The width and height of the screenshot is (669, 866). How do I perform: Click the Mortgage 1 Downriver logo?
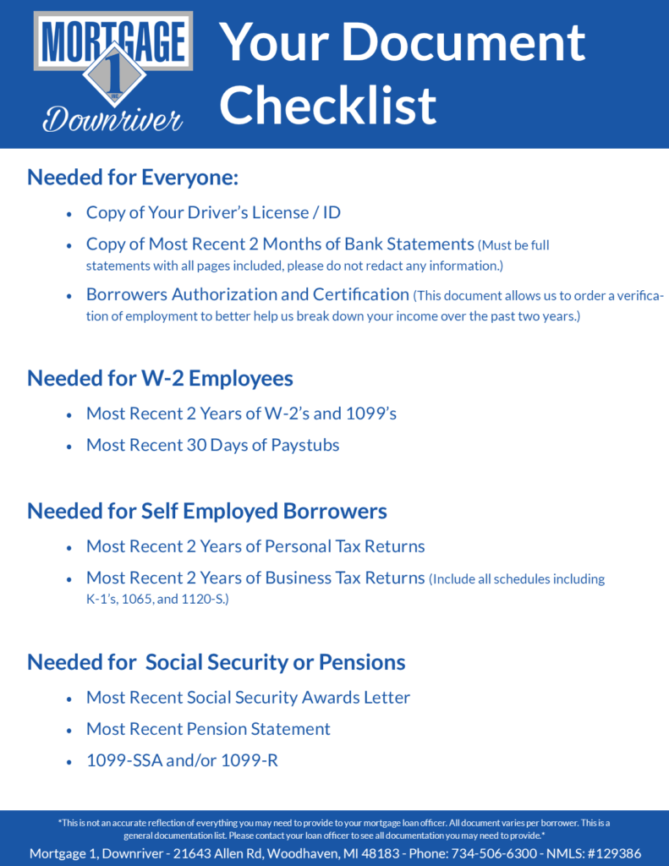pyautogui.click(x=112, y=74)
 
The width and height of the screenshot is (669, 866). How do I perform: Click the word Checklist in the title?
pyautogui.click(x=328, y=105)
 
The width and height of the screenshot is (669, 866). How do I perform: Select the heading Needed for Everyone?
pyautogui.click(x=133, y=178)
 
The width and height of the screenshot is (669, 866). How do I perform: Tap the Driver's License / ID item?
pyautogui.click(x=213, y=212)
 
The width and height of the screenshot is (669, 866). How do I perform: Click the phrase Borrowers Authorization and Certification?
pyautogui.click(x=248, y=294)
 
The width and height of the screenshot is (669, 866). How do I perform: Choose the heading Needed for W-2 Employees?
pyautogui.click(x=160, y=377)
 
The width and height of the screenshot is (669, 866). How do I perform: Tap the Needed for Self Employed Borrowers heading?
pyautogui.click(x=207, y=511)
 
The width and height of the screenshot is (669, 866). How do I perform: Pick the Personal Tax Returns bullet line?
pyautogui.click(x=255, y=546)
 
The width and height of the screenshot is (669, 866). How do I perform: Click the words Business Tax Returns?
pyautogui.click(x=344, y=578)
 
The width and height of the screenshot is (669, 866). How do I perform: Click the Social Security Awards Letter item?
pyautogui.click(x=248, y=698)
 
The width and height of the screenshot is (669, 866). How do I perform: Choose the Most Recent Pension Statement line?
pyautogui.click(x=208, y=729)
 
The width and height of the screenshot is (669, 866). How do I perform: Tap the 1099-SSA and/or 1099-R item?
pyautogui.click(x=182, y=761)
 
